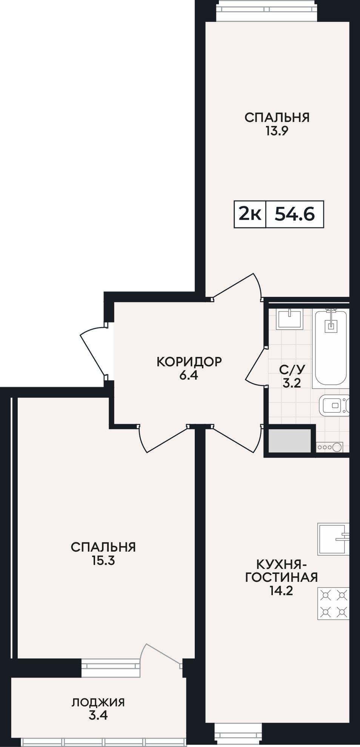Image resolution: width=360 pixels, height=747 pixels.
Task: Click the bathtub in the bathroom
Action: click(x=331, y=347)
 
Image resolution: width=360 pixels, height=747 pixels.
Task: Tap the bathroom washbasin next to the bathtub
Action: click(x=290, y=319)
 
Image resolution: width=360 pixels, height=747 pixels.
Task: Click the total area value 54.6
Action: click(x=295, y=214)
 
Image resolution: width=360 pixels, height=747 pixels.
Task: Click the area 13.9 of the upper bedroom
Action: click(x=277, y=131)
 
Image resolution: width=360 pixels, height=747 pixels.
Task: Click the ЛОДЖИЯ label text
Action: click(x=98, y=702)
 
